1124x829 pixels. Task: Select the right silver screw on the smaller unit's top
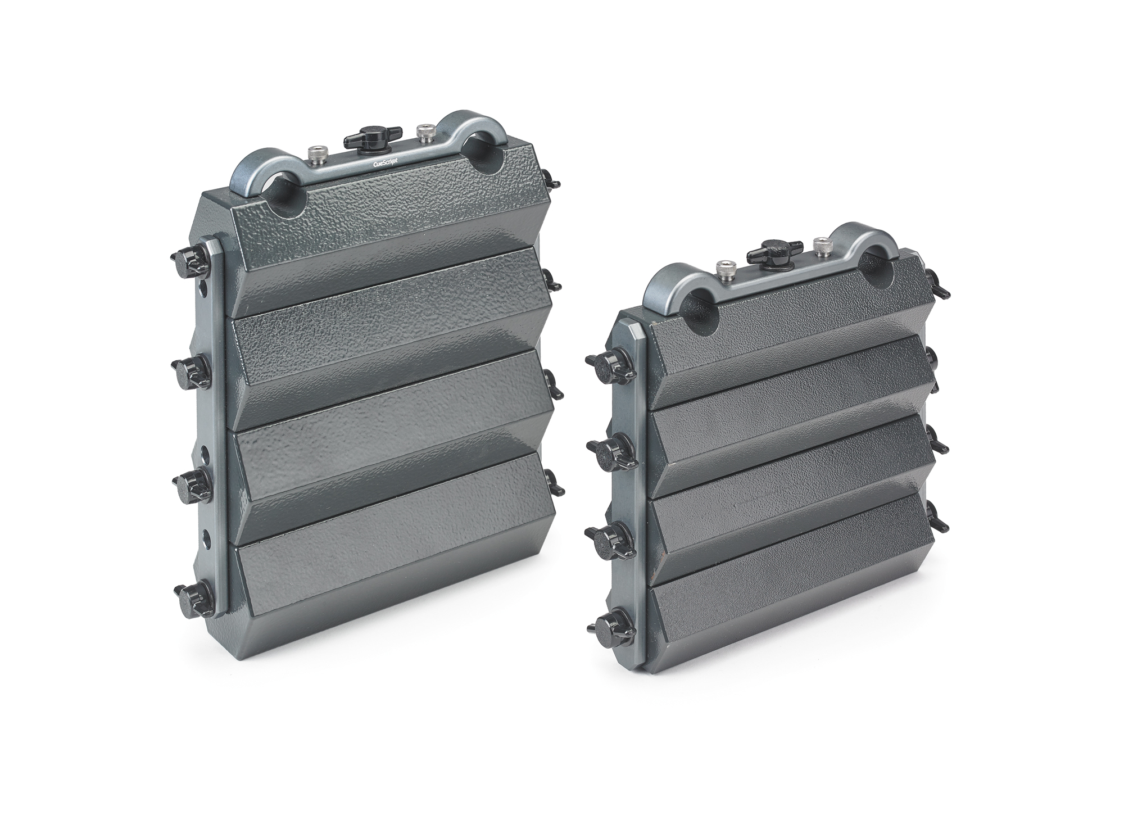point(821,246)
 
